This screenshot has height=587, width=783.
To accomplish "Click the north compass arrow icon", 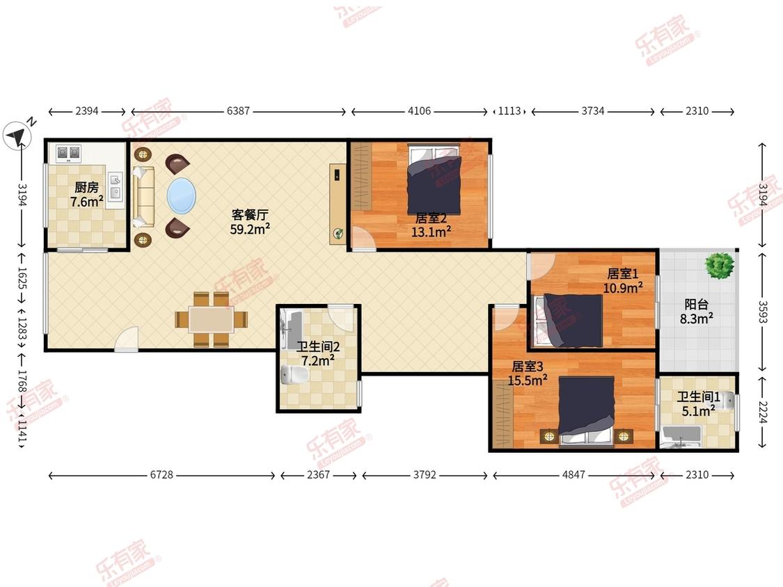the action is click(x=17, y=135).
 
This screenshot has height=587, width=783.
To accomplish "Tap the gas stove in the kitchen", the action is click(x=68, y=153).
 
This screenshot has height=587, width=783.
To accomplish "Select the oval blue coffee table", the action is click(x=181, y=195).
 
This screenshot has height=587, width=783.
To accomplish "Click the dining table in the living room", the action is click(x=211, y=319).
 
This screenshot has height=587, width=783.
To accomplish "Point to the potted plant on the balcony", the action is click(x=720, y=264).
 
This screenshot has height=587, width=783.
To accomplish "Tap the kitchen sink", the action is click(x=115, y=185).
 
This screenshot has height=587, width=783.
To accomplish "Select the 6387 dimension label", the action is click(x=238, y=111).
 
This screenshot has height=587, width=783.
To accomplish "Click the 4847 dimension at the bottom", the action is click(x=574, y=475).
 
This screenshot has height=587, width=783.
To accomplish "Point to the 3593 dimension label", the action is click(x=763, y=312).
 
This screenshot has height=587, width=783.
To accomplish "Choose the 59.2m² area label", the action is click(x=250, y=229).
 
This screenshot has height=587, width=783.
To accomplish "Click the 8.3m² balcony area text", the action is click(x=696, y=319).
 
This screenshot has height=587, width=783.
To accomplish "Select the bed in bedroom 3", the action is click(x=586, y=410).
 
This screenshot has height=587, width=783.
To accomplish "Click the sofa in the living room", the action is click(x=144, y=197).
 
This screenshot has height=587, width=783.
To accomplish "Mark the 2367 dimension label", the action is click(x=319, y=475).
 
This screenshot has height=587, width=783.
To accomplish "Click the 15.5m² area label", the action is click(x=528, y=380).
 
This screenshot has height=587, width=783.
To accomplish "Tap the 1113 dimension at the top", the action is click(x=509, y=111).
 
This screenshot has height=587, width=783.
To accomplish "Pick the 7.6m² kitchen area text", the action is click(x=87, y=202).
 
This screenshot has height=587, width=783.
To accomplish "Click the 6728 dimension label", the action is click(x=161, y=475).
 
